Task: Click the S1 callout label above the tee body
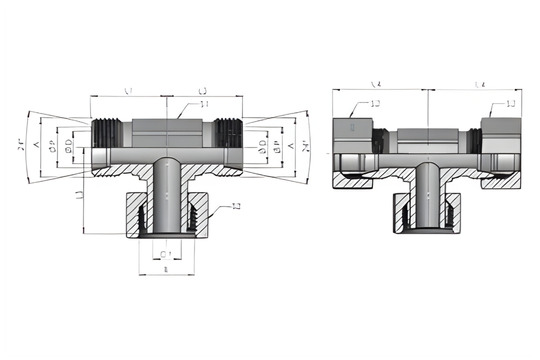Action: [204, 104]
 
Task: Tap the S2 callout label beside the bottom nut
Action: [236, 207]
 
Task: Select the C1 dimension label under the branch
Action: [166, 254]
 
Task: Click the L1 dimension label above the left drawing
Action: [128, 91]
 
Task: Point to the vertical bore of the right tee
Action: [427, 195]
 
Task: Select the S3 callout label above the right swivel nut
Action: [510, 104]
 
